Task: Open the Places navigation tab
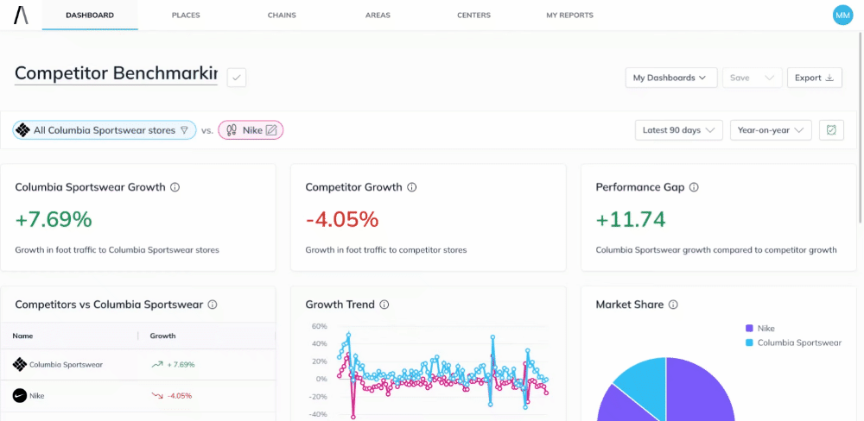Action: point(186,16)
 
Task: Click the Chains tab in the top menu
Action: point(282,16)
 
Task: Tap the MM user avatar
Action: point(842,15)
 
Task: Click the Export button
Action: point(814,78)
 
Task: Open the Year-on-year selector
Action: point(771,130)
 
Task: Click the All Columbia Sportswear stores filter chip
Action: point(105,130)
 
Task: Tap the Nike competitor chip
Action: point(251,130)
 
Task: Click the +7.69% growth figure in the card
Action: point(54,219)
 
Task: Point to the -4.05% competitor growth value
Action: point(342,219)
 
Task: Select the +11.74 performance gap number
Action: point(631,219)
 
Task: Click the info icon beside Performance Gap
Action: point(694,187)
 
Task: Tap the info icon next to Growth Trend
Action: point(384,305)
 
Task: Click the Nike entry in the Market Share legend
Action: point(766,328)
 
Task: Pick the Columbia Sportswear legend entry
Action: point(798,342)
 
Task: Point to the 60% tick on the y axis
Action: point(319,327)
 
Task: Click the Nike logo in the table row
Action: point(20,395)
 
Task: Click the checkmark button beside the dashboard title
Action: point(237,78)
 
